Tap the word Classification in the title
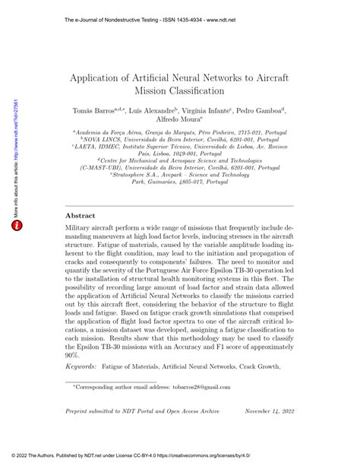pyautogui.click(x=194, y=90)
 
